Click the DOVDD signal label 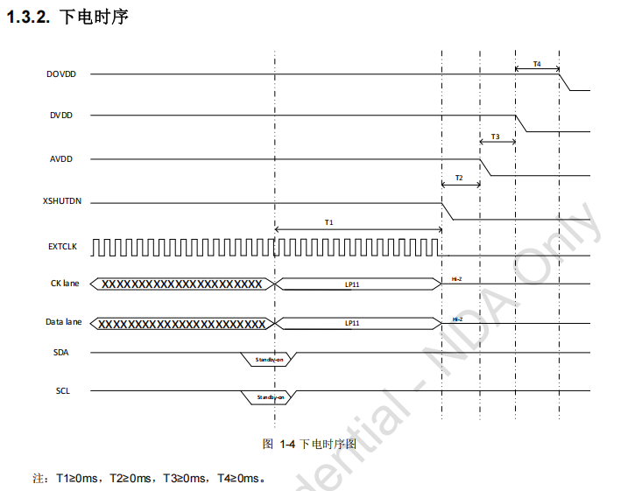pos(61,74)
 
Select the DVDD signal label pos(61,116)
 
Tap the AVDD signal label pos(61,159)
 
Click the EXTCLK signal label pos(62,247)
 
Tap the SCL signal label pos(61,390)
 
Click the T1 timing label pos(329,222)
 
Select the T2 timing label pos(459,178)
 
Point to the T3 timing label pos(496,137)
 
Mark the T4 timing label pos(537,64)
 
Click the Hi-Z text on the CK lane pos(456,279)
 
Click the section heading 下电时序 pos(94,17)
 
